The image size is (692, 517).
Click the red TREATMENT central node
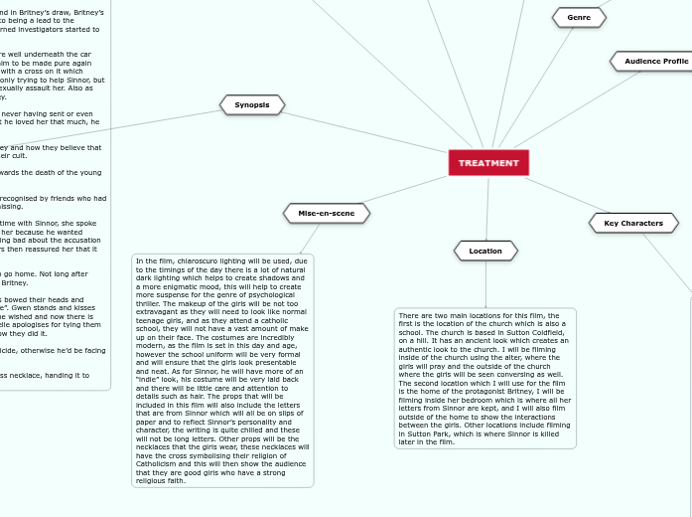tap(488, 162)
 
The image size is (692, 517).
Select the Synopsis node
tap(252, 104)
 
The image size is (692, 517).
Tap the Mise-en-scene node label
tap(327, 213)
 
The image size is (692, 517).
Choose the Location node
tap(485, 251)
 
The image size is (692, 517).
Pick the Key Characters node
tap(633, 223)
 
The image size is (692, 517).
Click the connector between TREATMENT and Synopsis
tap(367, 133)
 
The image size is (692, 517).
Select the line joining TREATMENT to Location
tap(487, 209)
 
